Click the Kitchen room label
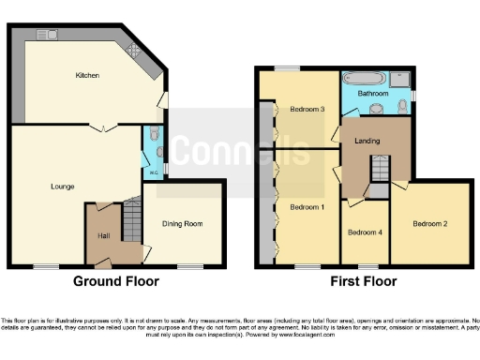click(x=88, y=76)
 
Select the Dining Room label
click(x=183, y=223)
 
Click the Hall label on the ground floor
click(x=105, y=234)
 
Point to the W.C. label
click(x=152, y=174)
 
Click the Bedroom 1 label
click(x=307, y=206)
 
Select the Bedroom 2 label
click(x=429, y=224)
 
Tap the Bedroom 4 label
click(x=363, y=232)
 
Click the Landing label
click(x=367, y=140)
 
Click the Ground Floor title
click(x=116, y=281)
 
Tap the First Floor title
click(x=361, y=281)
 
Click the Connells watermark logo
click(x=241, y=150)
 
